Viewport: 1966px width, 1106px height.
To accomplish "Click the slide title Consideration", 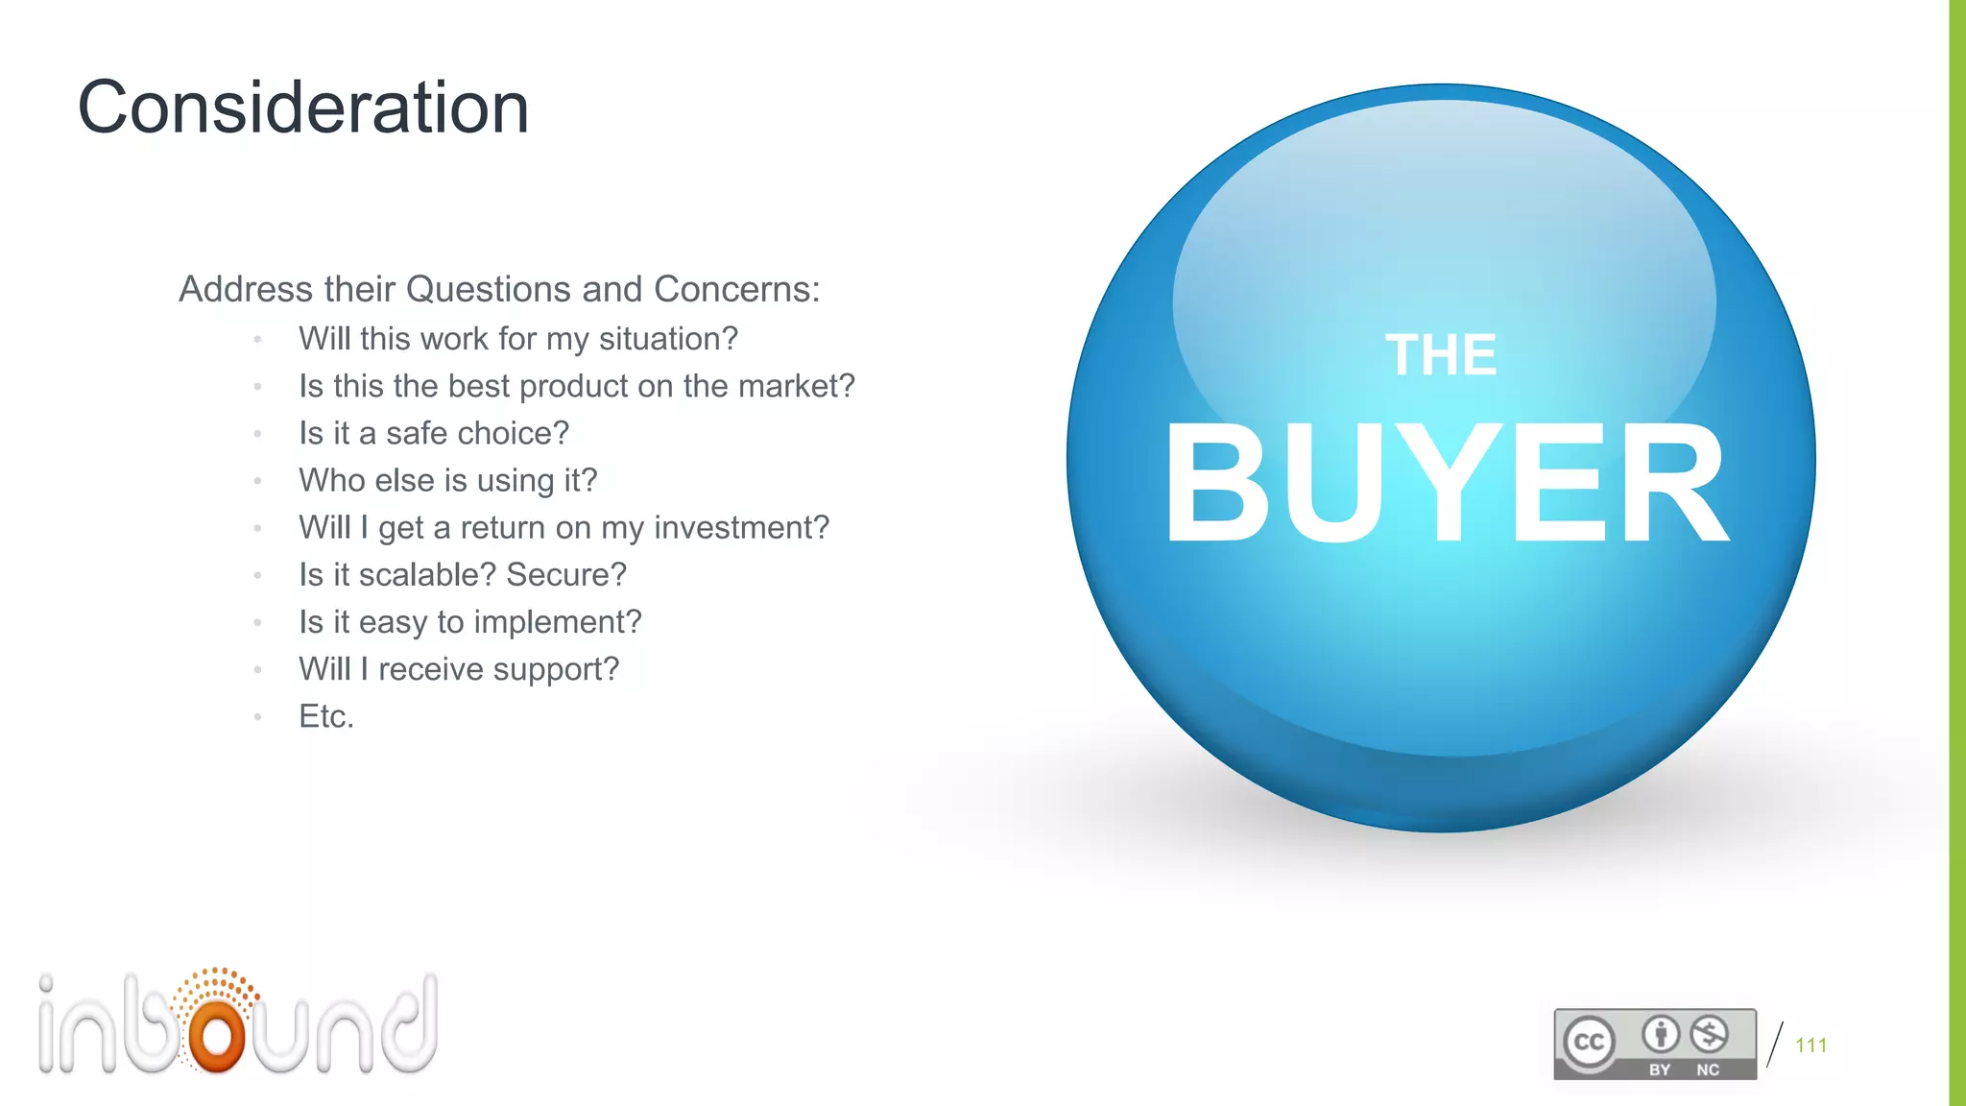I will (303, 108).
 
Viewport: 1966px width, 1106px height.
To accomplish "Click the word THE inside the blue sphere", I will (1440, 355).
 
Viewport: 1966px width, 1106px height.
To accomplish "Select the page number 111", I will (1810, 1046).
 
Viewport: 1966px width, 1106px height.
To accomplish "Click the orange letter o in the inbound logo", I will (218, 1035).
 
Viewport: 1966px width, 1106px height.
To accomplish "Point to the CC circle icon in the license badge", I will (1589, 1043).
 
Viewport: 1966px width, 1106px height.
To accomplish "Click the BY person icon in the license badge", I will (1660, 1035).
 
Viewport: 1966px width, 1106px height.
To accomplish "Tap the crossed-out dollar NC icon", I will (1709, 1035).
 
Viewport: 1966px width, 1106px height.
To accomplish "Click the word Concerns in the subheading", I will (735, 289).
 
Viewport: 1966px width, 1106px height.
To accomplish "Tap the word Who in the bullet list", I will (331, 480).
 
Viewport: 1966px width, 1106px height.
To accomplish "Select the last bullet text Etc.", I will (326, 716).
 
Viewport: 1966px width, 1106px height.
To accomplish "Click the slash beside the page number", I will (1775, 1045).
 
